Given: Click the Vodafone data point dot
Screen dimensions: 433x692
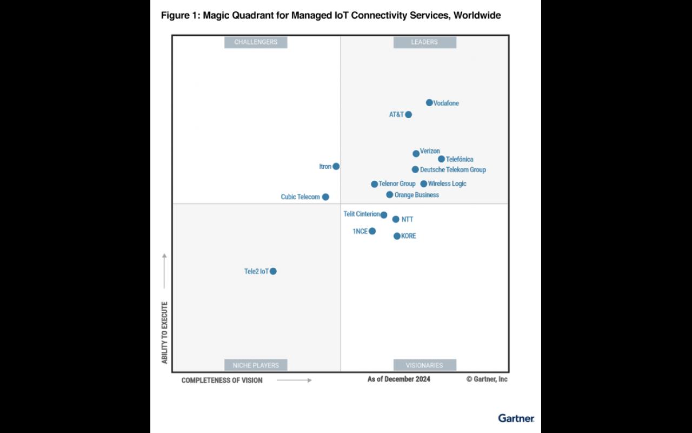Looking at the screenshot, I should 429,103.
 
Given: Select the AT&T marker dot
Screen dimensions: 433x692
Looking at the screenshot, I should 409,115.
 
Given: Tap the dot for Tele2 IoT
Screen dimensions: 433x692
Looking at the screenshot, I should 274,272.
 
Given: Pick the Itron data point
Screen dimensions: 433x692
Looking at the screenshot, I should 336,167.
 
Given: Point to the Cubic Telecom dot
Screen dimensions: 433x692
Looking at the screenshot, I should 325,197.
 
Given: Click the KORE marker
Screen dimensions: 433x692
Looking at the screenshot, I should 397,236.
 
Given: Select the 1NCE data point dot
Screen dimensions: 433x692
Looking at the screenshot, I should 372,232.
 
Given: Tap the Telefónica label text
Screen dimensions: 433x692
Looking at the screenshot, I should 460,160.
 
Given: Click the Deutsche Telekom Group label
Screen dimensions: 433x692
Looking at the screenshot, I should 453,170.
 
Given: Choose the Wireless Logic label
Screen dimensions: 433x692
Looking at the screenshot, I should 447,184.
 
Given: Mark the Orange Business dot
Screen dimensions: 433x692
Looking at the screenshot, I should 390,195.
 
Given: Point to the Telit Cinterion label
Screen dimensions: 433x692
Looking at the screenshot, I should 362,214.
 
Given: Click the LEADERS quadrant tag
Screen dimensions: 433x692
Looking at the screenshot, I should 424,42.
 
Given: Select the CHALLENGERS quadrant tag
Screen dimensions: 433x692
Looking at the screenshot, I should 256,42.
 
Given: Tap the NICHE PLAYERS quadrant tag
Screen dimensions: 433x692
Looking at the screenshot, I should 256,365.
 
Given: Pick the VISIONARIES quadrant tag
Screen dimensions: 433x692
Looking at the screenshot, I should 424,365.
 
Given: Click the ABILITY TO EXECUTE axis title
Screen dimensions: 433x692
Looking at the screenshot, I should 165,333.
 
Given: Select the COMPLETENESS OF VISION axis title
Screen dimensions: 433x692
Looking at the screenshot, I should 222,380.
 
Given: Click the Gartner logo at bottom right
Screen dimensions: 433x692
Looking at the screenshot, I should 516,418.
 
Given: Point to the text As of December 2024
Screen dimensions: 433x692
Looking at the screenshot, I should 399,379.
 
